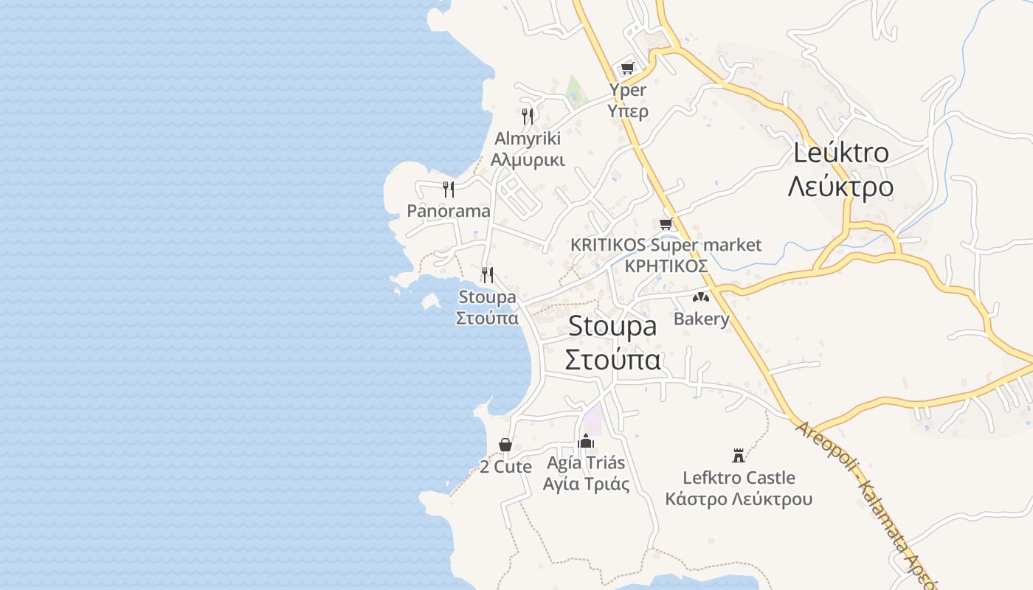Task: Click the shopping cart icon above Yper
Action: (627, 69)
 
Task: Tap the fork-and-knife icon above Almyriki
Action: (528, 116)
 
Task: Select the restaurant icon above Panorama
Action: (449, 189)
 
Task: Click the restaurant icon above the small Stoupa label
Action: (488, 274)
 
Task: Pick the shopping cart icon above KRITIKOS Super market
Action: (666, 223)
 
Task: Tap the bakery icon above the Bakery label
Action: (700, 297)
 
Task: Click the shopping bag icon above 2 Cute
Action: (505, 445)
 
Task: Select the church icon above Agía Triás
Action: (587, 441)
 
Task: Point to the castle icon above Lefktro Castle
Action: (739, 455)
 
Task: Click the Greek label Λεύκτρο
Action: (840, 187)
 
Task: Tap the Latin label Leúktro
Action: (841, 153)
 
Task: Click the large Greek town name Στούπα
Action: (612, 359)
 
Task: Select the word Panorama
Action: (449, 212)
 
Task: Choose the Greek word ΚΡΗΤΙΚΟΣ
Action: (666, 266)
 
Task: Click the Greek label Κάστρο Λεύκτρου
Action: (739, 499)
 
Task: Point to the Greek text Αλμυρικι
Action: (528, 160)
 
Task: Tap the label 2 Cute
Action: (505, 467)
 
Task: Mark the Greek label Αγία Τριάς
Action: (587, 485)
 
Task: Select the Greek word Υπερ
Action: (628, 111)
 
